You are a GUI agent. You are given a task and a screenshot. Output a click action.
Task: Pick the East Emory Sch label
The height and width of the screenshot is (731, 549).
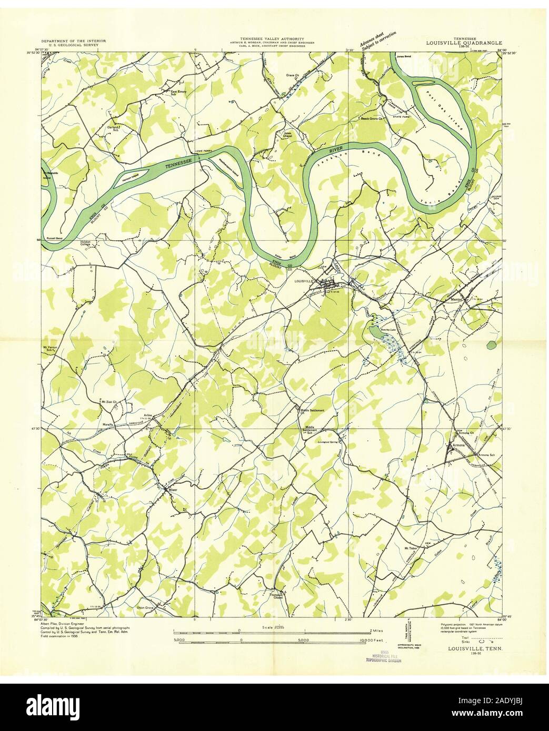(178, 93)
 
